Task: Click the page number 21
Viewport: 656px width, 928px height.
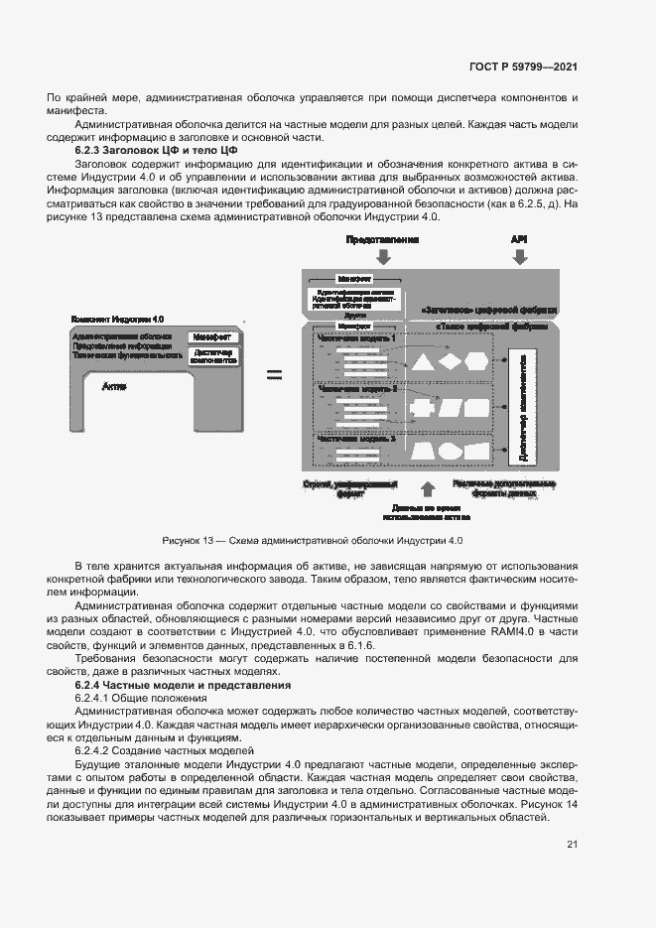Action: click(x=572, y=845)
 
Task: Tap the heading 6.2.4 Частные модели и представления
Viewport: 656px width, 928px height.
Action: click(x=183, y=686)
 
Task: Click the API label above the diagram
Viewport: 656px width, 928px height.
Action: click(x=518, y=240)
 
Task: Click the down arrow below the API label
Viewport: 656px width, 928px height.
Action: click(x=519, y=257)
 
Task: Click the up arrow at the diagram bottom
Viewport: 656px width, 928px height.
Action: click(x=428, y=489)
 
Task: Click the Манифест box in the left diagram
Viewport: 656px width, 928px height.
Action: click(x=212, y=337)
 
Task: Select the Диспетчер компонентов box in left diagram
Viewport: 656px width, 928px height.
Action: click(x=212, y=357)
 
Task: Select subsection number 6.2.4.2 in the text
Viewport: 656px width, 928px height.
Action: click(x=97, y=751)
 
